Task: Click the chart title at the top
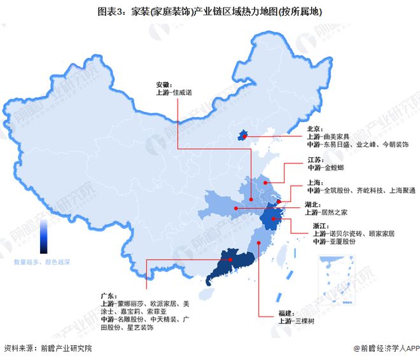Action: pyautogui.click(x=209, y=11)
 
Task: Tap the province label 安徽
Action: pyautogui.click(x=164, y=85)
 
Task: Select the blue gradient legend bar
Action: pyautogui.click(x=44, y=235)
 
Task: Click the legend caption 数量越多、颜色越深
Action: pyautogui.click(x=43, y=263)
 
